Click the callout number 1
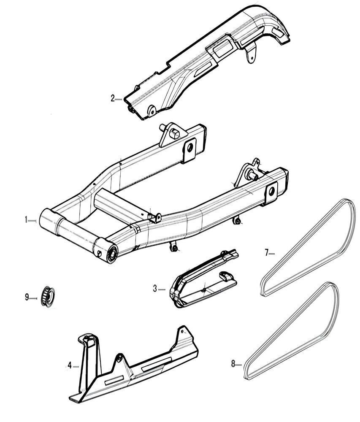click(26, 220)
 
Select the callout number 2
click(113, 99)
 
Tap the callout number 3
click(155, 289)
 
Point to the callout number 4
click(69, 365)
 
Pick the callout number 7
click(267, 253)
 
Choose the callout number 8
click(233, 363)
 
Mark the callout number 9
click(27, 297)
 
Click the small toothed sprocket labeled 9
click(47, 297)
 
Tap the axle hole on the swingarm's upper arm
click(189, 147)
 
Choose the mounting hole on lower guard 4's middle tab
click(119, 358)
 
